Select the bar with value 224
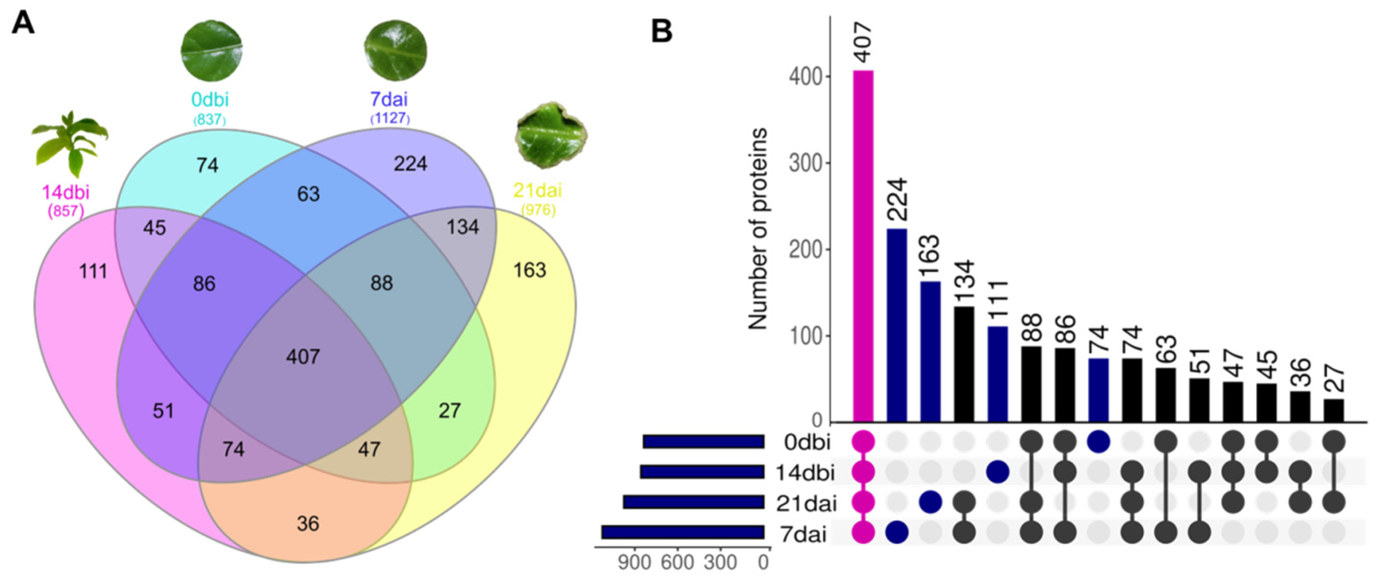[x=897, y=325]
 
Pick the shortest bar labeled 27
[x=1334, y=411]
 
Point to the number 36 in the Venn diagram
[x=307, y=523]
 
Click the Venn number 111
[x=93, y=271]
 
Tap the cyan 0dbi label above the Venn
[x=210, y=100]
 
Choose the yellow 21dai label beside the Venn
[x=538, y=190]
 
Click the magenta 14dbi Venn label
[x=66, y=192]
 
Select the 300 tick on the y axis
[x=805, y=163]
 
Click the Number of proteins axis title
[x=758, y=228]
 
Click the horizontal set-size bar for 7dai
[x=683, y=532]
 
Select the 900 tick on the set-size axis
[x=635, y=563]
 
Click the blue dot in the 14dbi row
[x=997, y=472]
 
